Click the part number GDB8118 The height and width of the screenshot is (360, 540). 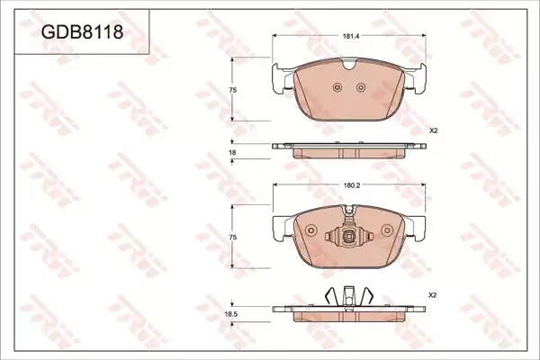tap(82, 32)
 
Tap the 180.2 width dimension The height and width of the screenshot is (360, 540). tap(352, 185)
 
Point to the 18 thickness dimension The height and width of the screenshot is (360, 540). tap(232, 152)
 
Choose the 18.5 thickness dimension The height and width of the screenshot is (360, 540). tap(231, 314)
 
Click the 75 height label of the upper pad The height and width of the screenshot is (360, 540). tap(233, 90)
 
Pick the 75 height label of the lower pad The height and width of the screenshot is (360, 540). tap(233, 238)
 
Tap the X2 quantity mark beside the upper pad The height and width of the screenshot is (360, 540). tap(433, 130)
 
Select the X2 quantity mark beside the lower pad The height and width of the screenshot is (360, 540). tap(433, 295)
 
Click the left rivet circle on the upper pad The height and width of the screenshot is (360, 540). tap(337, 87)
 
